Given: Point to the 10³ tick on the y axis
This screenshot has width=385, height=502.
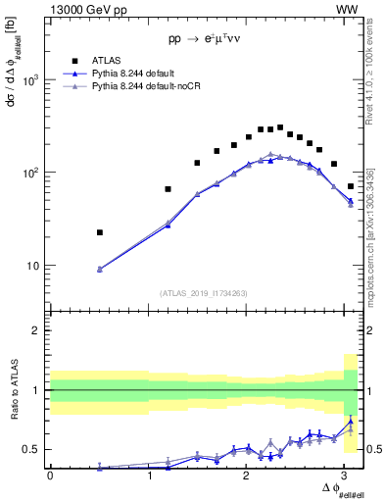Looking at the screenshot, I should [x=32, y=80].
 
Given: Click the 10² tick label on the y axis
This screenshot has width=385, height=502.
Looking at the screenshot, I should [x=32, y=173].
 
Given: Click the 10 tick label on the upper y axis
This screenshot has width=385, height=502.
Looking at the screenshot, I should [x=35, y=266].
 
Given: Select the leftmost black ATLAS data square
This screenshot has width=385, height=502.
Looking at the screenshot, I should [x=100, y=232].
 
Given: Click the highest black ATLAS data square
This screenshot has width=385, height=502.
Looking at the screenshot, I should [x=280, y=127].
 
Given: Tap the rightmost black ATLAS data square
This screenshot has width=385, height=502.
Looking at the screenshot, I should [x=351, y=185].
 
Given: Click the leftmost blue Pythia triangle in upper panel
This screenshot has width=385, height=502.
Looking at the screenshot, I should [x=100, y=269].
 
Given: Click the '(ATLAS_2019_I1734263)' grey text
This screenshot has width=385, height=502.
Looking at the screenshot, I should [x=203, y=291].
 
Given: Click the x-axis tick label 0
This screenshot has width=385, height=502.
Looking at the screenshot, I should [x=50, y=476].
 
